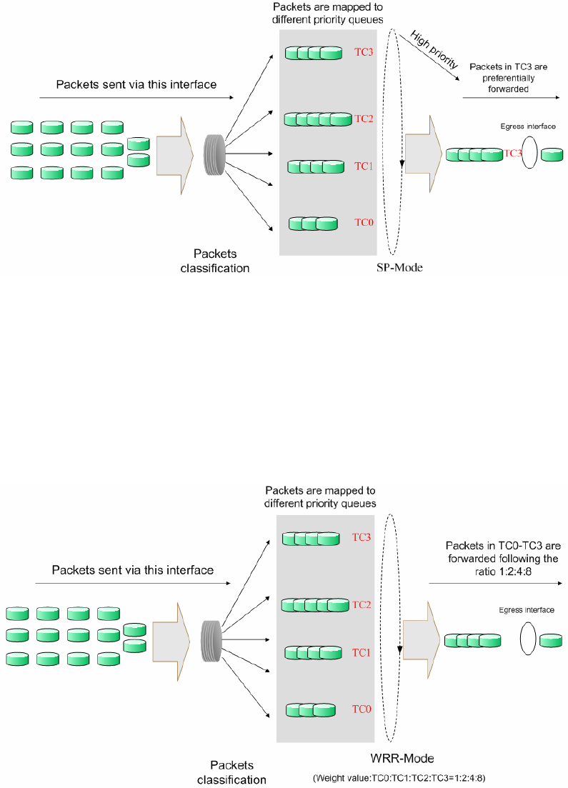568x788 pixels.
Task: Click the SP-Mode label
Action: click(x=400, y=268)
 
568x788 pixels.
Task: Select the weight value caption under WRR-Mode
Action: click(x=404, y=777)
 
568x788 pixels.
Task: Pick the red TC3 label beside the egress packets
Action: click(x=514, y=153)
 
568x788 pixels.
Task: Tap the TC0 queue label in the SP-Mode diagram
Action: click(x=364, y=222)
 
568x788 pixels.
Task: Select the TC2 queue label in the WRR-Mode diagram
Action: click(x=362, y=604)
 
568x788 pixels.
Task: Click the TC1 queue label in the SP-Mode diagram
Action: click(x=364, y=166)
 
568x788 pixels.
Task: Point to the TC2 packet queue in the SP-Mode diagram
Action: click(x=318, y=119)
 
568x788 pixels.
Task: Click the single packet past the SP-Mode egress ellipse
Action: click(x=552, y=154)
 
